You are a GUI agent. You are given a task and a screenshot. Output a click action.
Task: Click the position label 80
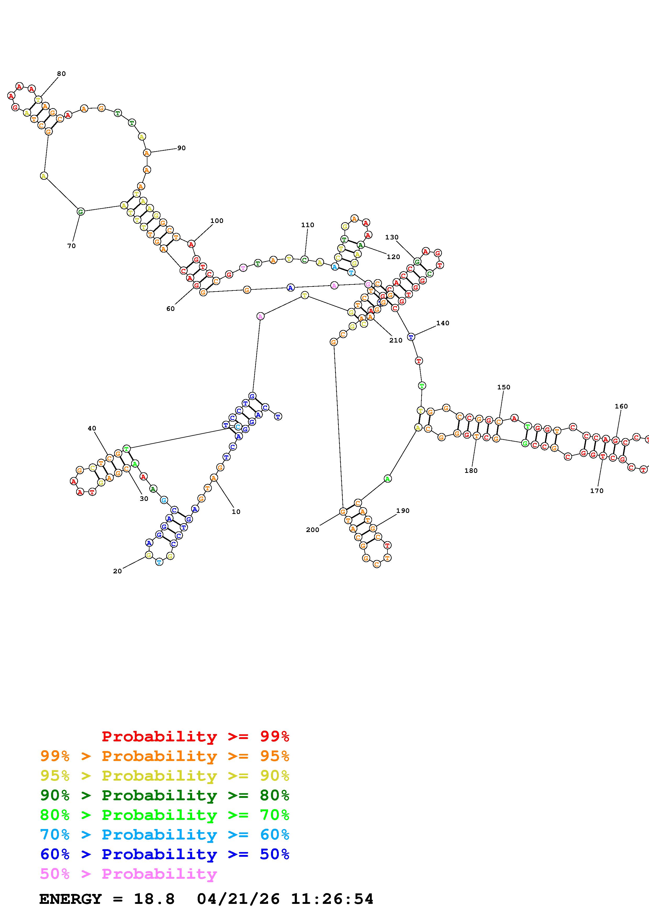(61, 74)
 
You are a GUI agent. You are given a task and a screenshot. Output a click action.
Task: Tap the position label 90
(181, 148)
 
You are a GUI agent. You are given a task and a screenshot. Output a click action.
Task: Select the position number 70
(71, 246)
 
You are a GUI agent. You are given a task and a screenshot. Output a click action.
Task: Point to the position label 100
(217, 221)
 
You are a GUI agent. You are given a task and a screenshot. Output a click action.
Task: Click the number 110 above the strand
(308, 225)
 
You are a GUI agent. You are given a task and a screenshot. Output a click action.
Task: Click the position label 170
(597, 491)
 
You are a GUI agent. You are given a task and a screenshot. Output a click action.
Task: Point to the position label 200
(313, 530)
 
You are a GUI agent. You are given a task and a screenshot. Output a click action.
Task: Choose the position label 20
(117, 571)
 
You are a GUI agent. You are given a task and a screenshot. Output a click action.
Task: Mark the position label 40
(92, 428)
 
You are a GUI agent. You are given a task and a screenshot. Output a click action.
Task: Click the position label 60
(171, 309)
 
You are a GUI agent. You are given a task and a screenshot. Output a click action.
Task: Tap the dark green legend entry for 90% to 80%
(165, 795)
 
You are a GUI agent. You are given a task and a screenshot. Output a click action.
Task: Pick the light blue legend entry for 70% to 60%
(165, 835)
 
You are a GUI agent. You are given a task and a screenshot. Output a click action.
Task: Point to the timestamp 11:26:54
(332, 899)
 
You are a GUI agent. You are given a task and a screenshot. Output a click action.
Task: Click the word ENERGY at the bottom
(70, 899)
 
